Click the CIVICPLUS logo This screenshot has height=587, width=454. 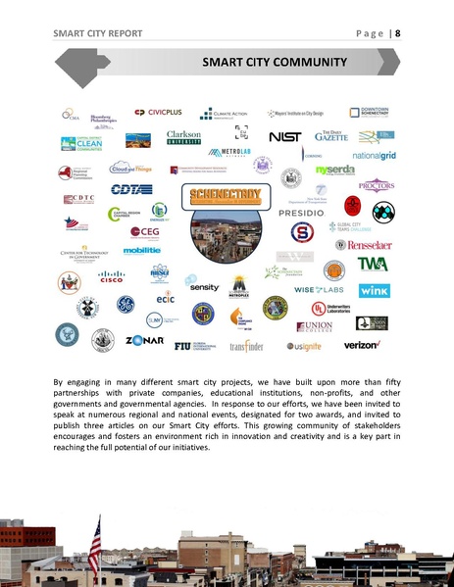point(159,112)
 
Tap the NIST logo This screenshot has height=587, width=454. point(284,136)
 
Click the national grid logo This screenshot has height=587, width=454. point(373,155)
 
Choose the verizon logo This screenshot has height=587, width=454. point(362,345)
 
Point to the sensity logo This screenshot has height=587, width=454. point(204,288)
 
